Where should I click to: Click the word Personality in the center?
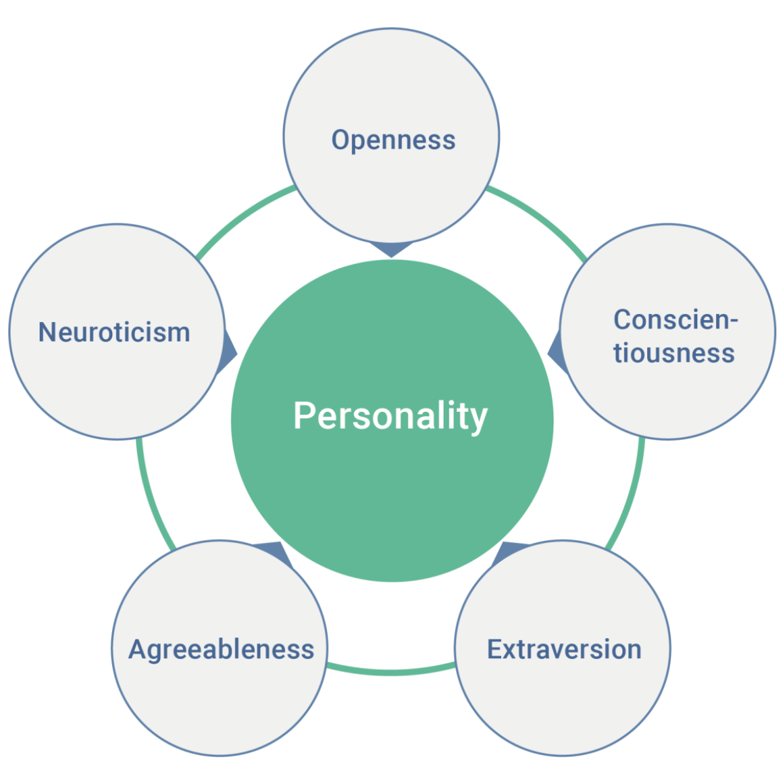[x=390, y=416]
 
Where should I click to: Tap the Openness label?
[x=393, y=140]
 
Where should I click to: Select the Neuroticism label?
[x=114, y=332]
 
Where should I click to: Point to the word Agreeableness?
[x=221, y=649]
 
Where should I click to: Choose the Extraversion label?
[x=564, y=649]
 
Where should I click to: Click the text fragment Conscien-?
[x=676, y=319]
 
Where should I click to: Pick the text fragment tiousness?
[x=674, y=353]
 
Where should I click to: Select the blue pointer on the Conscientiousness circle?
[x=555, y=353]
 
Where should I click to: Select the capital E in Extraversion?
[x=495, y=649]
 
